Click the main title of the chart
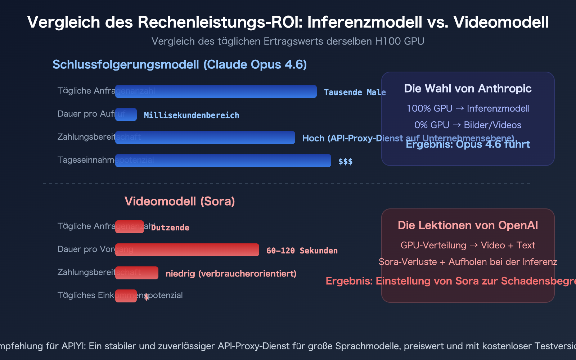pyautogui.click(x=288, y=22)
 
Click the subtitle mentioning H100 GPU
pyautogui.click(x=288, y=41)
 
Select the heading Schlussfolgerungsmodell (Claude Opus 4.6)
pyautogui.click(x=180, y=65)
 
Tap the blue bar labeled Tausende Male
pyautogui.click(x=216, y=91)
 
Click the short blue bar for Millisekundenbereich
pyautogui.click(x=126, y=114)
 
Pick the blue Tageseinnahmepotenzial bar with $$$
pyautogui.click(x=223, y=161)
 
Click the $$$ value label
pyautogui.click(x=345, y=162)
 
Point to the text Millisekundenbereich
pyautogui.click(x=192, y=116)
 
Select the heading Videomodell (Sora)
pyautogui.click(x=180, y=201)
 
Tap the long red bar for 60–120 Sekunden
pyautogui.click(x=187, y=250)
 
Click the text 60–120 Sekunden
pyautogui.click(x=302, y=251)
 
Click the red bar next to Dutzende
pyautogui.click(x=130, y=227)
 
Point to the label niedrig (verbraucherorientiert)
pyautogui.click(x=231, y=274)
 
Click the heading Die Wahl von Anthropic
pyautogui.click(x=468, y=89)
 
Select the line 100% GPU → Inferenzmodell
pyautogui.click(x=468, y=109)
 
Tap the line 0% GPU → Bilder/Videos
pyautogui.click(x=468, y=125)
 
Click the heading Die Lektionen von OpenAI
pyautogui.click(x=468, y=225)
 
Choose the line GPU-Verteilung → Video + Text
pyautogui.click(x=468, y=246)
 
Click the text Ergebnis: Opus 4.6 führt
pyautogui.click(x=468, y=145)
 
